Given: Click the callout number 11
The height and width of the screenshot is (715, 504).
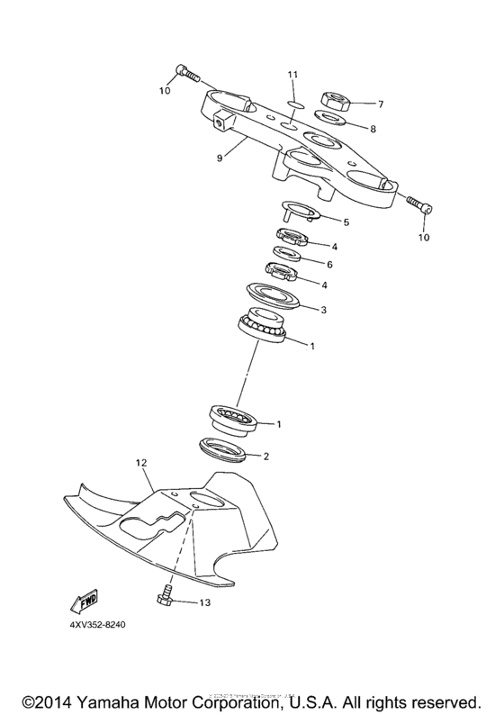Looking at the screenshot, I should pyautogui.click(x=292, y=73).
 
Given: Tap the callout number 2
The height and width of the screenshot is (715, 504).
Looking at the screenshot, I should pyautogui.click(x=265, y=456).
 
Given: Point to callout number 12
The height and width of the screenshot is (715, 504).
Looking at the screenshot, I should pyautogui.click(x=140, y=463).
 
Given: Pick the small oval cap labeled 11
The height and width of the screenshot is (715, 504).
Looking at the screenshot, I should pyautogui.click(x=291, y=102).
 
